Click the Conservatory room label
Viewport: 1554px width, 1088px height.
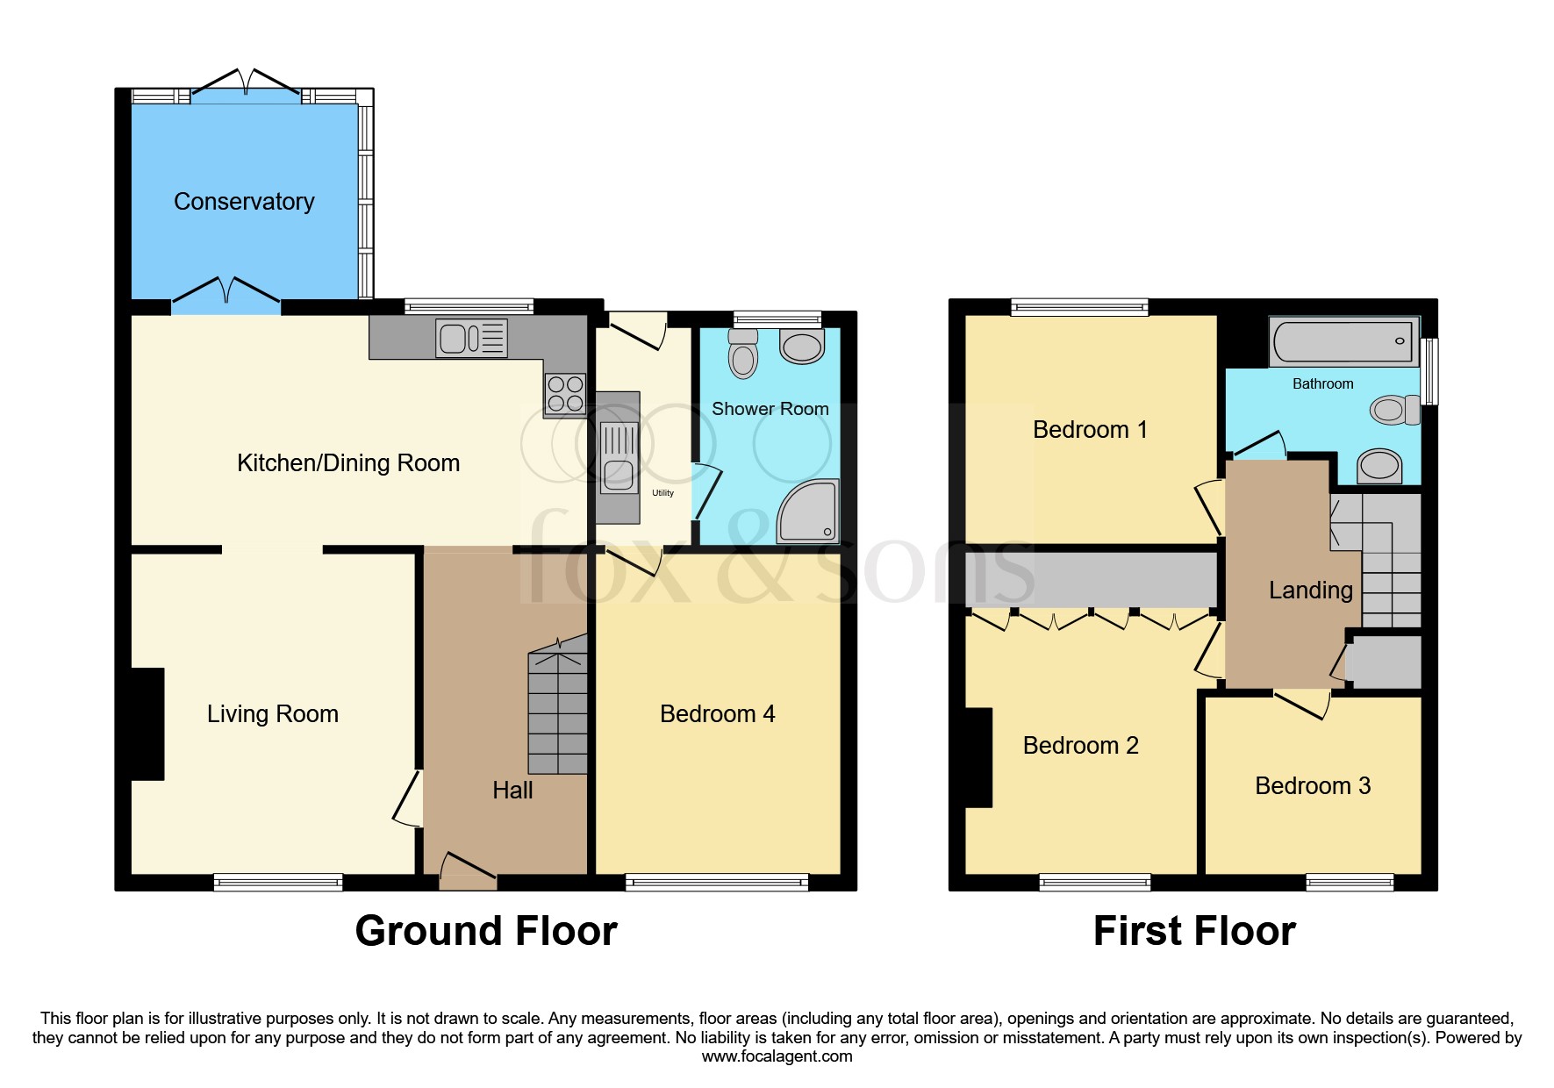244,202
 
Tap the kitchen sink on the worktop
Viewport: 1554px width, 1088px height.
471,338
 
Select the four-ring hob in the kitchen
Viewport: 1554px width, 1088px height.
565,394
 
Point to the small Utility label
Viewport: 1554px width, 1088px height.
662,493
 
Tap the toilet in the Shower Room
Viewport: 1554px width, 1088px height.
743,354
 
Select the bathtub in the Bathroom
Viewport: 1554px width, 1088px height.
1343,341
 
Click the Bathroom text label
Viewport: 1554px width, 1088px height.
1322,383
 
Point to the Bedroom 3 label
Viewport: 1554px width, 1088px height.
1313,786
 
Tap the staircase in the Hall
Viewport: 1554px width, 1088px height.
557,706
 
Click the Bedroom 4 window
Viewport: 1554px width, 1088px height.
717,882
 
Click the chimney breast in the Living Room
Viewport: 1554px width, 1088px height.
147,724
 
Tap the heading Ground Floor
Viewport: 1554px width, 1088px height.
486,931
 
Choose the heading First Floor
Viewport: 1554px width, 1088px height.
1194,931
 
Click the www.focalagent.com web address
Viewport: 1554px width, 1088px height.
777,1056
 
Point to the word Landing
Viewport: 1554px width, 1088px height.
1311,591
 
